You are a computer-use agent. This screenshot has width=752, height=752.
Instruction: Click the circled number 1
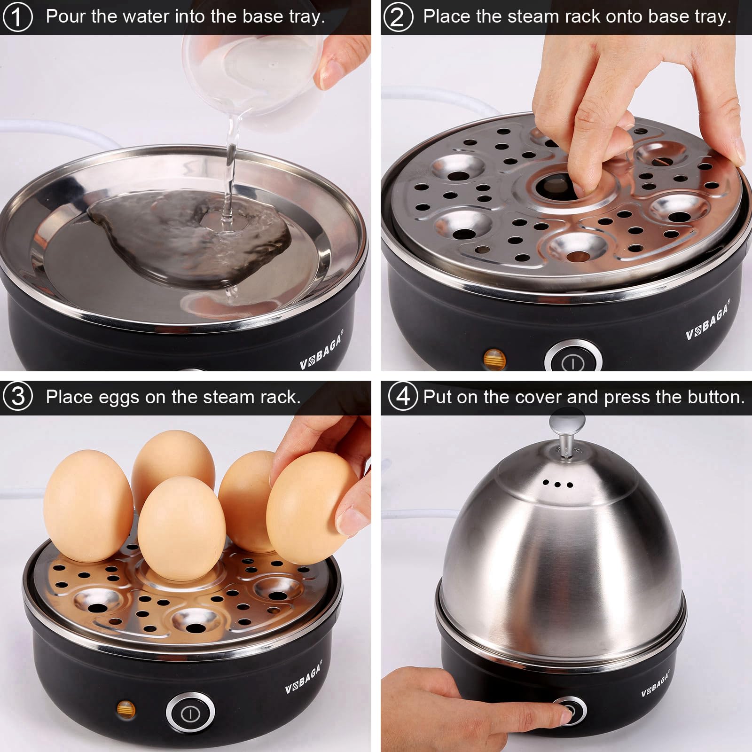17,17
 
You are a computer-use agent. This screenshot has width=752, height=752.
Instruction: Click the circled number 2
398,17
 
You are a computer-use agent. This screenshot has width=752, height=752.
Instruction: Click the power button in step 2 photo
573,362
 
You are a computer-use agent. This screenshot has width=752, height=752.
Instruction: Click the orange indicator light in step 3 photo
126,709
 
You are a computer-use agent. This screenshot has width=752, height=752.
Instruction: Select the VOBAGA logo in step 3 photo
304,679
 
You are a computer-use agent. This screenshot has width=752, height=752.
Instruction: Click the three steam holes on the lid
557,484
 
